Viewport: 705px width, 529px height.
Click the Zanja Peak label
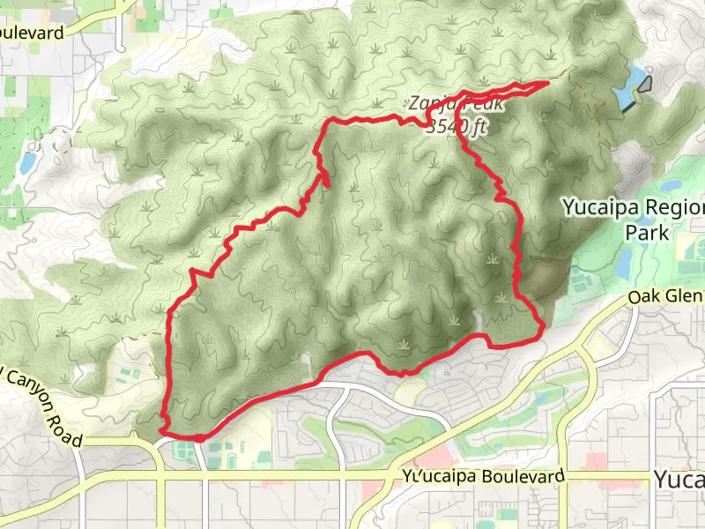pos(455,103)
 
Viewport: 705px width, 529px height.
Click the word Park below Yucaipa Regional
pos(647,232)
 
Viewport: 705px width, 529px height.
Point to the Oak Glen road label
pos(666,296)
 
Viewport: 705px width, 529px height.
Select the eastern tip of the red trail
pos(546,83)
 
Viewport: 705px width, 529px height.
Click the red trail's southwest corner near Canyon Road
pos(162,431)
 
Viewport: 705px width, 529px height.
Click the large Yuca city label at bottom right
pos(680,479)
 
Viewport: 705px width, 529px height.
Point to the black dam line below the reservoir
pos(630,107)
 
